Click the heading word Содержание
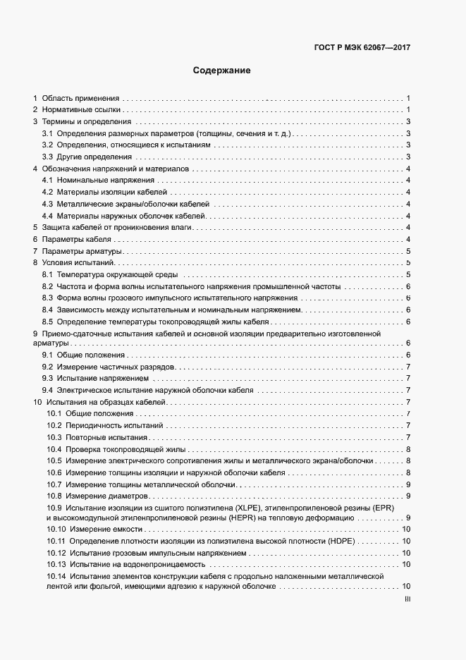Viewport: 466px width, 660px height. coord(222,71)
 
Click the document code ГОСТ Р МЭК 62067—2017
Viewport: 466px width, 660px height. coord(362,48)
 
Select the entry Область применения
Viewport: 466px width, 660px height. coord(80,98)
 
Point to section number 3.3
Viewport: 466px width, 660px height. coord(47,157)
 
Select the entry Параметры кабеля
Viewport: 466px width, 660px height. coord(76,240)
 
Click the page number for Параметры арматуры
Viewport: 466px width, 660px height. coord(408,252)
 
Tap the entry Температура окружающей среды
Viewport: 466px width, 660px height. coord(117,275)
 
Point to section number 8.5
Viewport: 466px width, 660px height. coord(47,322)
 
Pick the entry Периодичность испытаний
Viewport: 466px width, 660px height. coord(114,426)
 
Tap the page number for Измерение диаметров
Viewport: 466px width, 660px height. coord(408,496)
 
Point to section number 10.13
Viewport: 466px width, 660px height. coord(56,564)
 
